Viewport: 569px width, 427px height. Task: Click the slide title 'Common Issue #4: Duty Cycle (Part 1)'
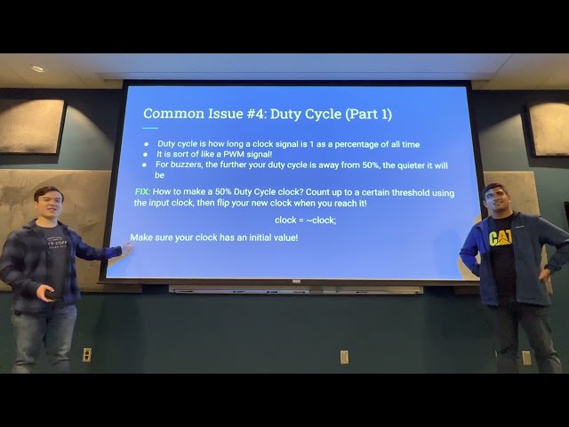pyautogui.click(x=267, y=114)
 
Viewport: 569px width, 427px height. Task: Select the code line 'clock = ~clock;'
pyautogui.click(x=305, y=220)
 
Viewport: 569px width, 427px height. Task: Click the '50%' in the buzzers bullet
pyautogui.click(x=365, y=165)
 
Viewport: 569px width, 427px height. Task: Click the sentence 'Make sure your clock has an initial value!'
pyautogui.click(x=213, y=238)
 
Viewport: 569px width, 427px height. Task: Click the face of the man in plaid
pyautogui.click(x=47, y=205)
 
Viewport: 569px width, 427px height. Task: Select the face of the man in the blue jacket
pyautogui.click(x=493, y=201)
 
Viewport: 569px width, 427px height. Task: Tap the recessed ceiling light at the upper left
pyautogui.click(x=37, y=68)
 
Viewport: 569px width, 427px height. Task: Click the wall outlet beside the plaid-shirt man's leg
pyautogui.click(x=86, y=354)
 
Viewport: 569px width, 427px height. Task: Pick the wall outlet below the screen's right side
pyautogui.click(x=344, y=356)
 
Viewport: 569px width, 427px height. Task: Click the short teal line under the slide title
pyautogui.click(x=150, y=128)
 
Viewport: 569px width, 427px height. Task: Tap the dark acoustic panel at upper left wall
pyautogui.click(x=31, y=125)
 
